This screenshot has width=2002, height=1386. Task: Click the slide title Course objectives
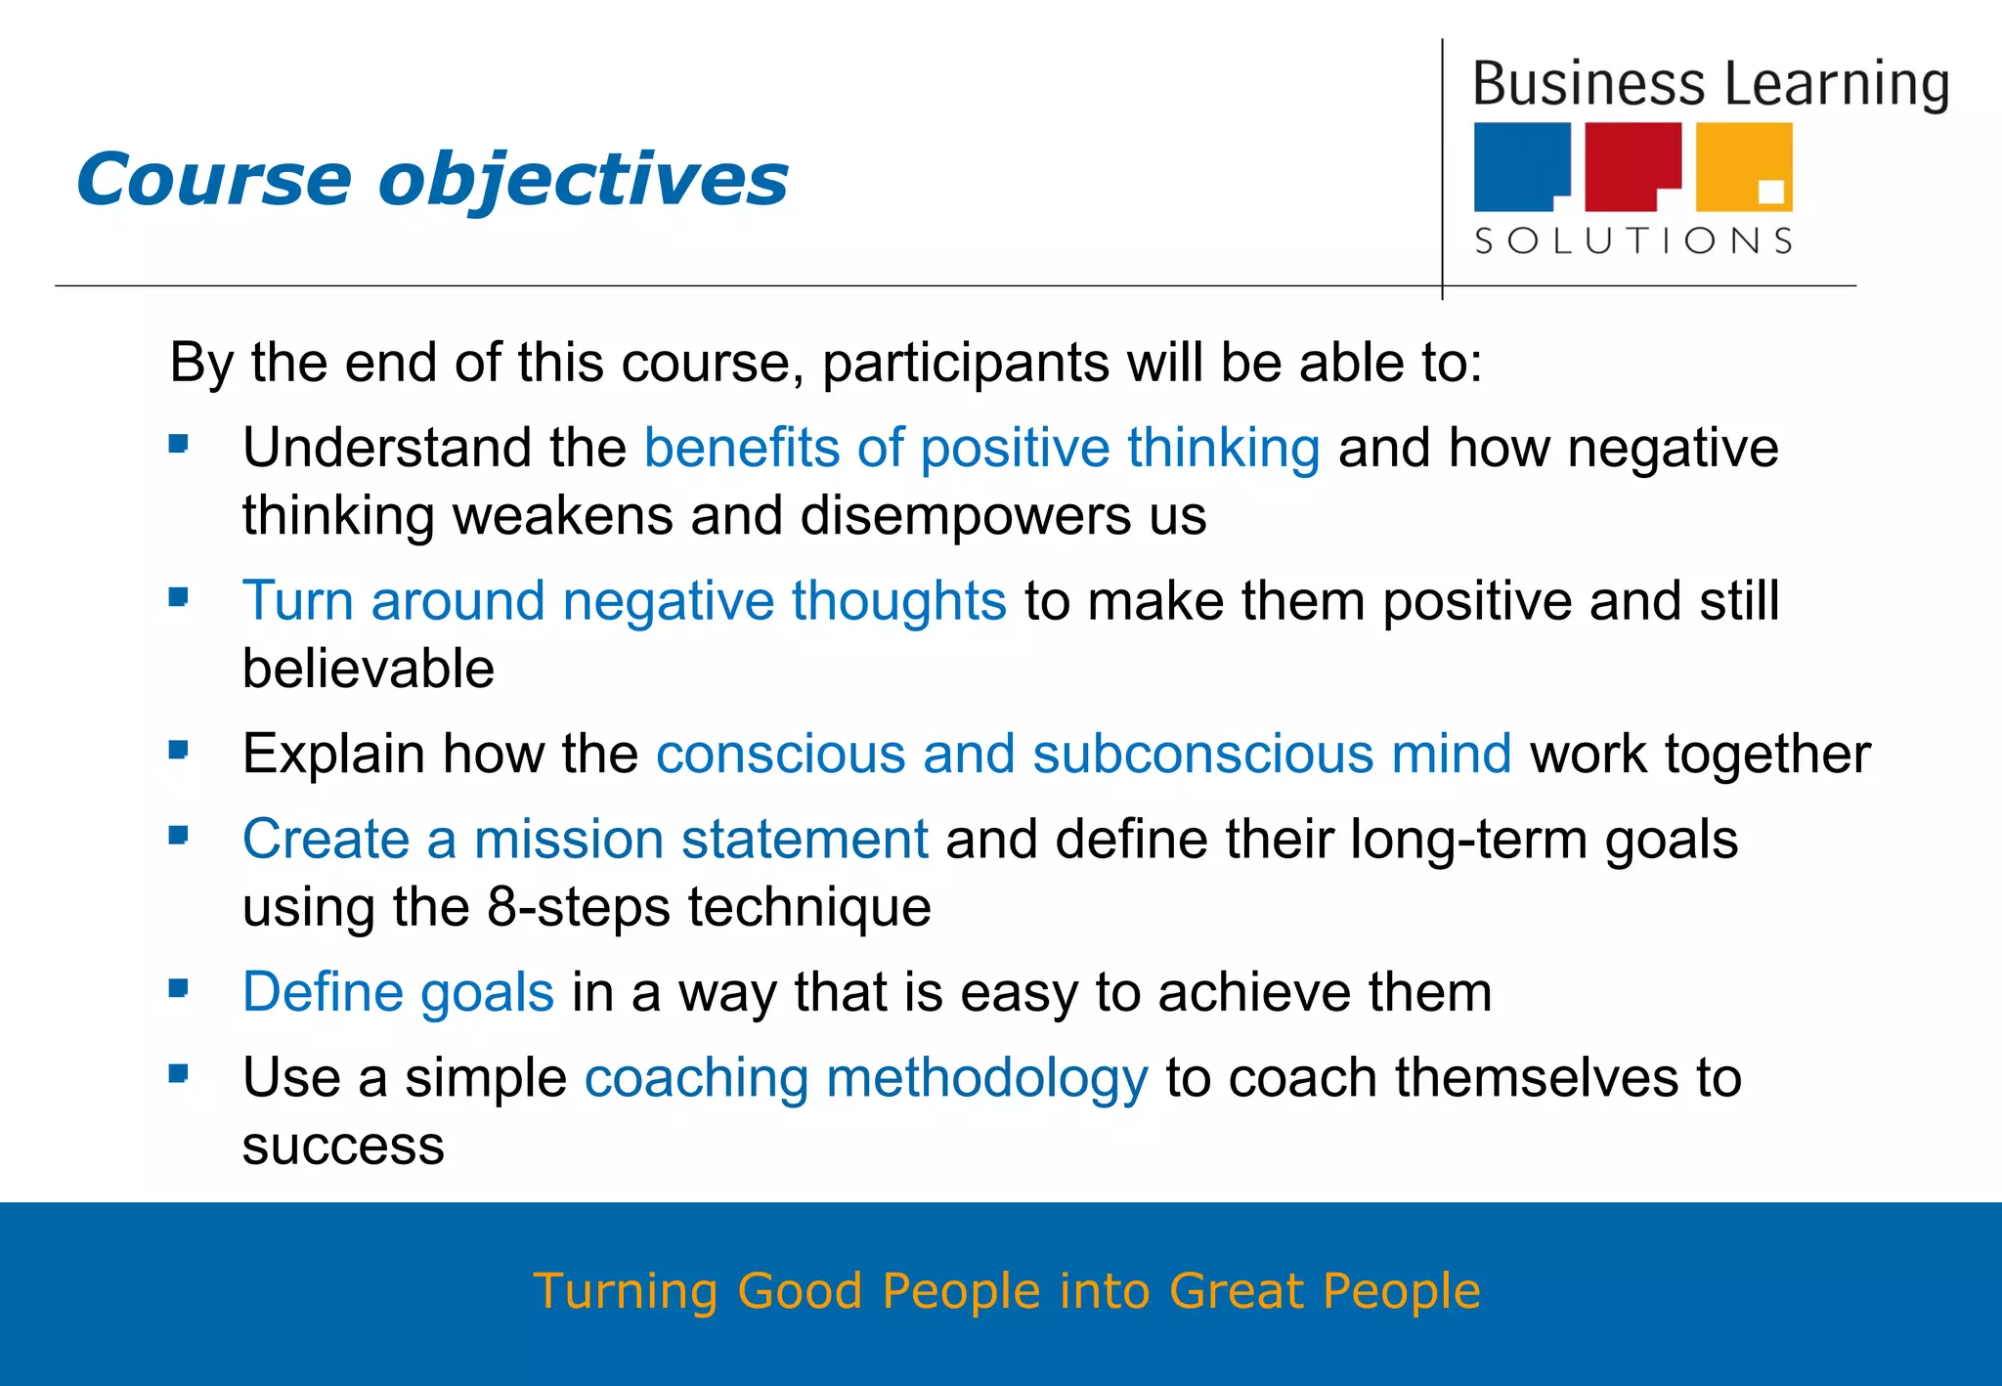click(431, 180)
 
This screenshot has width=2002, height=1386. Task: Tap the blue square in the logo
click(1520, 166)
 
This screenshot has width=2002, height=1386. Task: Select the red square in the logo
click(1631, 166)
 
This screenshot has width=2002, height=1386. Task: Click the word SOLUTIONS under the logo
click(1633, 240)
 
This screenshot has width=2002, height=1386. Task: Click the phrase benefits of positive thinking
click(981, 448)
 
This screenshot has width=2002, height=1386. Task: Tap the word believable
click(368, 669)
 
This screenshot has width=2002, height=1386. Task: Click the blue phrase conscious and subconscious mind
click(1083, 754)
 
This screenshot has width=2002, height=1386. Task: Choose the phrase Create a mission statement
click(585, 839)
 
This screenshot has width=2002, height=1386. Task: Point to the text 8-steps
click(578, 907)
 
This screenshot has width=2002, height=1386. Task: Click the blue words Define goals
click(398, 992)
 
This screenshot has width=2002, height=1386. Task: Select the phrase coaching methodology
click(866, 1077)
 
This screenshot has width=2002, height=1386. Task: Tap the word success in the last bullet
click(343, 1146)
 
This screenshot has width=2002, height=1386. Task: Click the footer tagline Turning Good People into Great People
click(1007, 1290)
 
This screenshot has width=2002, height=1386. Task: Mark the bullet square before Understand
click(178, 445)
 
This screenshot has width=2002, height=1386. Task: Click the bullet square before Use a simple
click(178, 1074)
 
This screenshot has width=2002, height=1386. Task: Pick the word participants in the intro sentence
click(965, 364)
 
